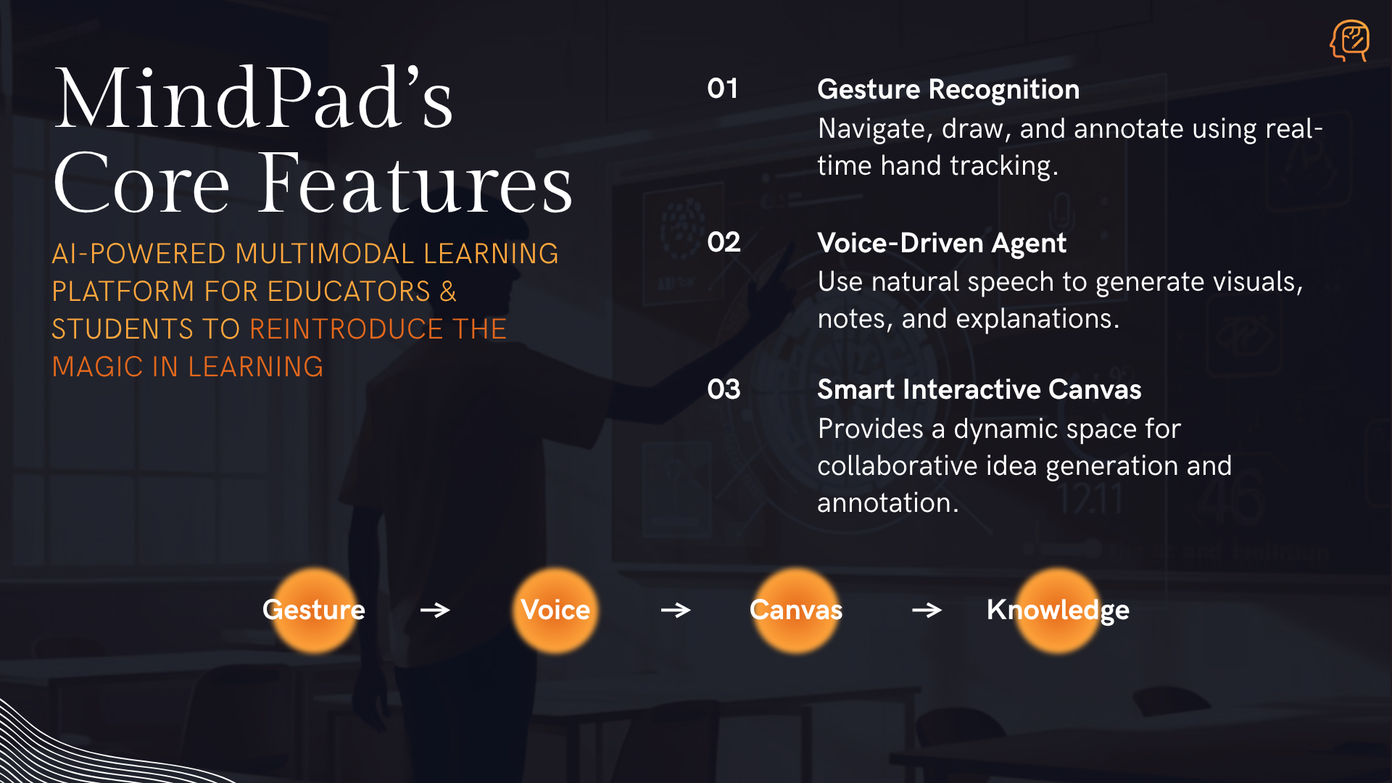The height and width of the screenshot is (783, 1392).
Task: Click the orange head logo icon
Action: click(x=1349, y=41)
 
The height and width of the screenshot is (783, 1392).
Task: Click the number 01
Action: click(x=723, y=88)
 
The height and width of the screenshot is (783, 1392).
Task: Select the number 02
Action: click(x=724, y=242)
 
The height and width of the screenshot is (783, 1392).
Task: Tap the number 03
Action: click(x=724, y=389)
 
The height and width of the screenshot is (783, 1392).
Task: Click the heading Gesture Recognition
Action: click(x=948, y=89)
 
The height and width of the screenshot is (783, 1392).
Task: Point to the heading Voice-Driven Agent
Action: click(x=942, y=243)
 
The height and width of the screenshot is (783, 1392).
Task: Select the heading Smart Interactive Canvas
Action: click(x=979, y=389)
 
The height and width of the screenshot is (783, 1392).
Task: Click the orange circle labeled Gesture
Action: click(x=314, y=610)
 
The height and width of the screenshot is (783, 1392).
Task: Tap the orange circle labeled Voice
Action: click(x=555, y=610)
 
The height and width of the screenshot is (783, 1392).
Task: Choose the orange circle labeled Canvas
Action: click(x=796, y=610)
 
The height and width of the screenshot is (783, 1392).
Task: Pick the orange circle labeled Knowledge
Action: click(x=1058, y=610)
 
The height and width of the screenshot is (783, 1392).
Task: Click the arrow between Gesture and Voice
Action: click(x=435, y=610)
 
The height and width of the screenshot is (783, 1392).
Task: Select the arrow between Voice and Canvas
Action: click(x=676, y=610)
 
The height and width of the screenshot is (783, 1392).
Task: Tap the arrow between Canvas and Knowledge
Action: click(x=927, y=610)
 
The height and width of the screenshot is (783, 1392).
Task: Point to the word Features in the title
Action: click(x=415, y=183)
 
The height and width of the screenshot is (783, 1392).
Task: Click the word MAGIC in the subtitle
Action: click(x=98, y=367)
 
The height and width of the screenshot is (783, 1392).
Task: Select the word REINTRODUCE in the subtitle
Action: click(x=347, y=329)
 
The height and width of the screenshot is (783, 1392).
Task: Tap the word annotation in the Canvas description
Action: click(x=887, y=502)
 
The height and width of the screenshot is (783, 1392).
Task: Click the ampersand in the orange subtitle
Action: click(x=448, y=291)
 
